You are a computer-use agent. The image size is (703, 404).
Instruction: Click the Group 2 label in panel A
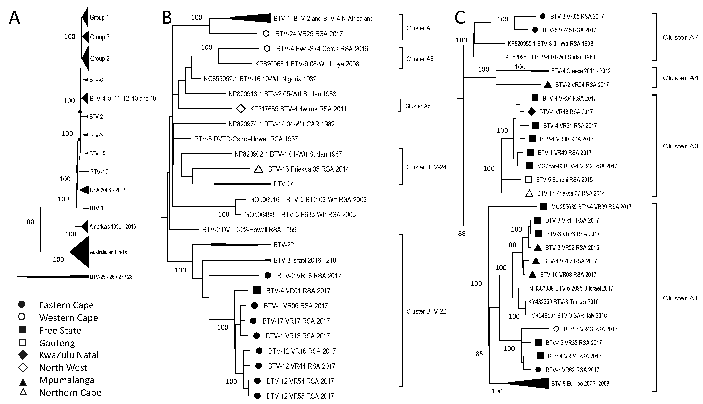[100, 59]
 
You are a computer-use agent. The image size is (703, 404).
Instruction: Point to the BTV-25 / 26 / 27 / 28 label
[111, 277]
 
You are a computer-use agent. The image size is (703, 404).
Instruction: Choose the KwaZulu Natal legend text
[69, 355]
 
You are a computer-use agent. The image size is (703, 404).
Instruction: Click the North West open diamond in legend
[23, 368]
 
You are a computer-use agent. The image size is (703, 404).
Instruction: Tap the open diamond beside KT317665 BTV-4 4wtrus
[241, 109]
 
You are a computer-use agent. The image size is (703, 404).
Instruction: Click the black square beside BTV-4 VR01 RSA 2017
[257, 291]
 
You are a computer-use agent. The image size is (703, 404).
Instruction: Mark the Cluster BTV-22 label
[426, 311]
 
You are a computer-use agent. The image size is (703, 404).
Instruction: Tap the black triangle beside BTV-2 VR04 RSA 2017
[548, 85]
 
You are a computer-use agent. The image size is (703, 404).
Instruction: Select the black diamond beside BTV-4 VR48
[531, 112]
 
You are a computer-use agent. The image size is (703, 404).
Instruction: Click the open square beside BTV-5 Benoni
[528, 179]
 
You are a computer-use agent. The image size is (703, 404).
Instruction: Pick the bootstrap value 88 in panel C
[462, 234]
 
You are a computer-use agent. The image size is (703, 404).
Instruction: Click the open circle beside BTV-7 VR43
[556, 329]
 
